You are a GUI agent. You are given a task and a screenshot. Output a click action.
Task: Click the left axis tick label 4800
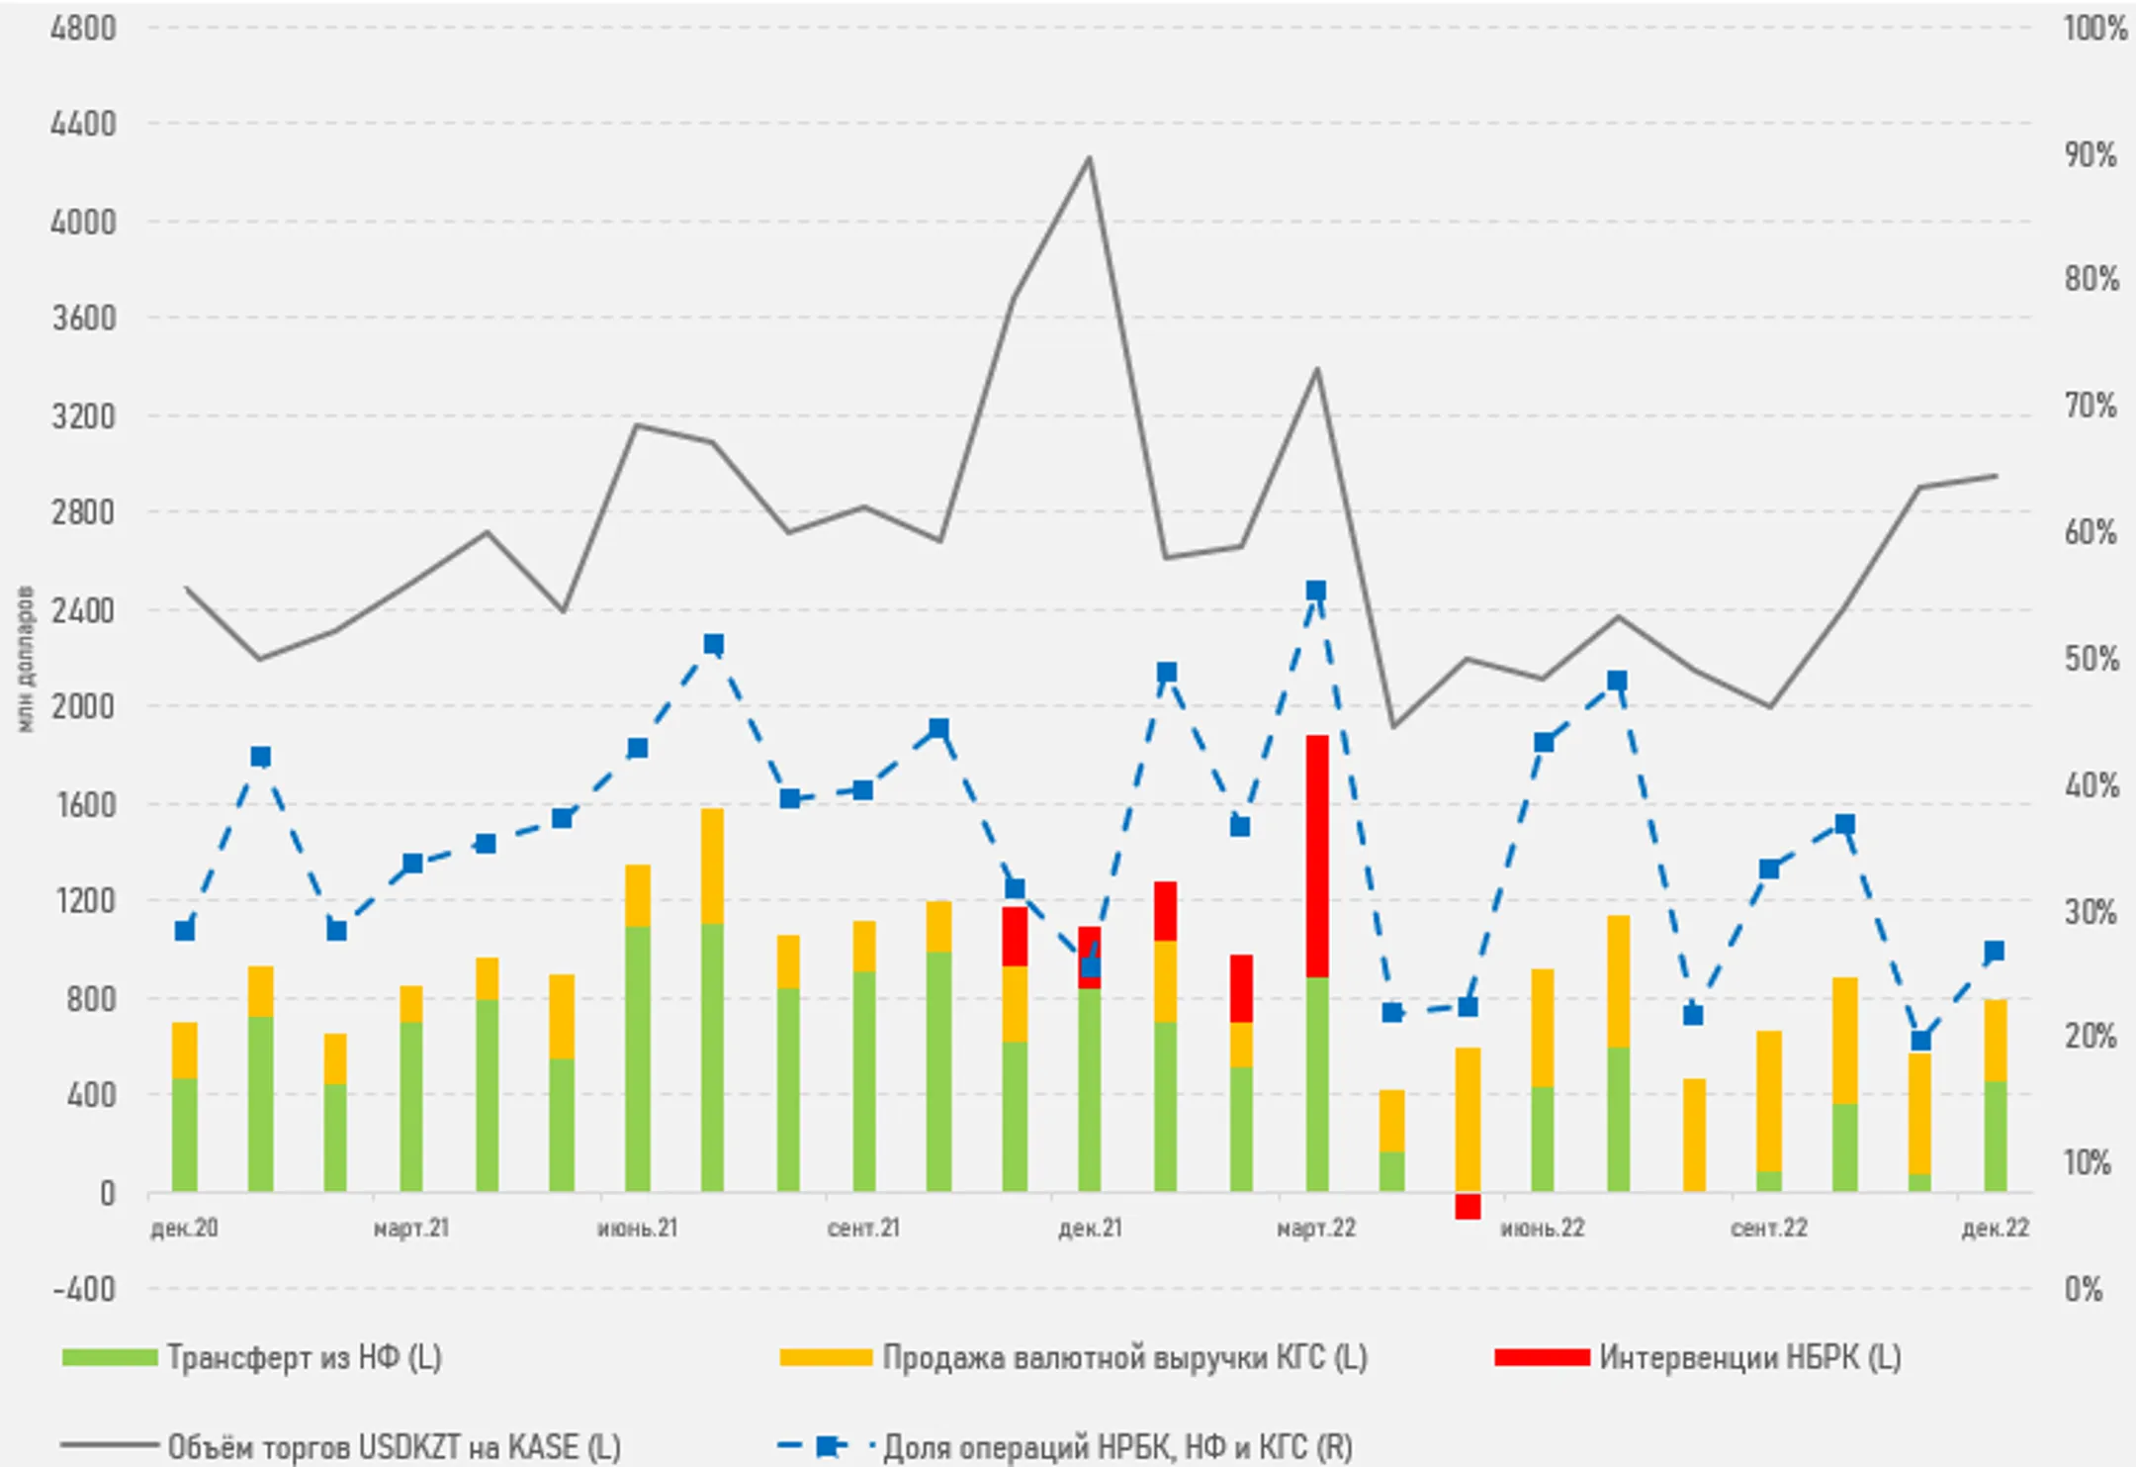(83, 29)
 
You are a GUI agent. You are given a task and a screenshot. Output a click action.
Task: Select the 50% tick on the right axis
(2091, 659)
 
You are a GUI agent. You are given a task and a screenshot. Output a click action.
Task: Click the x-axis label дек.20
(184, 1229)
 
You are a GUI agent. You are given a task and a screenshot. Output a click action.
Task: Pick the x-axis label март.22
(1316, 1229)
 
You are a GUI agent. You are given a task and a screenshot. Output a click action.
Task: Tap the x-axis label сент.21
(863, 1229)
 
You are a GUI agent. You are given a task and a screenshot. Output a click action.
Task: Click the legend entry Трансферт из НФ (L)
(304, 1357)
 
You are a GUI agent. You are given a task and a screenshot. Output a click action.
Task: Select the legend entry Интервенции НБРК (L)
(1749, 1357)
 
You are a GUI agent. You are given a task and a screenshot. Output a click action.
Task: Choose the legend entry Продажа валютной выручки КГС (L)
(1124, 1357)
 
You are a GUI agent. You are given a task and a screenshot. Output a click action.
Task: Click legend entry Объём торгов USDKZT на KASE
(394, 1447)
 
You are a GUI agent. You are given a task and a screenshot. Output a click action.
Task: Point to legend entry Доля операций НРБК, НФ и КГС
(1117, 1447)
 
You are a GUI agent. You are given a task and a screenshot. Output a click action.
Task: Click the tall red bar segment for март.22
(1317, 856)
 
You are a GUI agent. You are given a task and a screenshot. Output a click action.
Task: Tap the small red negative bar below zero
(1468, 1206)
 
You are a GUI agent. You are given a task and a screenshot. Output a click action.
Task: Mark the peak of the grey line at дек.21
(1089, 157)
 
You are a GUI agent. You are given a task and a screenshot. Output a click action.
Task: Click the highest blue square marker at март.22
(1316, 592)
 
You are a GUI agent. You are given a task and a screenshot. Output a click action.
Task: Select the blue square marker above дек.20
(185, 931)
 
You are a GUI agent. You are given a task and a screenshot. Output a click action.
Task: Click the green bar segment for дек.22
(1996, 1137)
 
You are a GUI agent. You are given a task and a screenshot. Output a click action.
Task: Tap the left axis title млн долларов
(26, 660)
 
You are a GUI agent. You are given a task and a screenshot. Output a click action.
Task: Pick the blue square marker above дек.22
(1995, 952)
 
